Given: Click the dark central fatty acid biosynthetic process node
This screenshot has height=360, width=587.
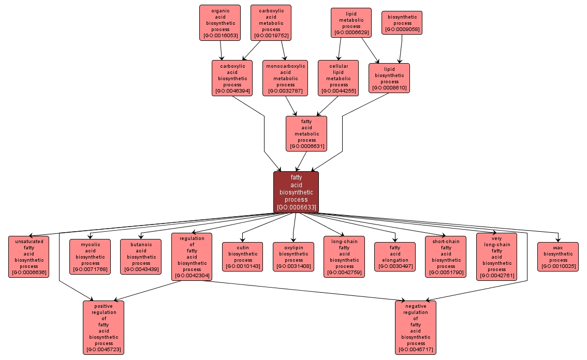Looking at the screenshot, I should click(296, 192).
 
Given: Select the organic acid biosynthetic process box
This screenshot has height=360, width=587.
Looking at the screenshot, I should click(220, 23).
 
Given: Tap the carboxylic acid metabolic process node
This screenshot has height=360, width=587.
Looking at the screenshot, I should click(271, 23).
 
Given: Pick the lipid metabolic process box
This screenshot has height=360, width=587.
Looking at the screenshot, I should click(351, 23).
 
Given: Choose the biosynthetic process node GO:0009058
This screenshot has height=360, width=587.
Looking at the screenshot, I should click(402, 23).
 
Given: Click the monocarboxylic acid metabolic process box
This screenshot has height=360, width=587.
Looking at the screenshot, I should click(285, 78).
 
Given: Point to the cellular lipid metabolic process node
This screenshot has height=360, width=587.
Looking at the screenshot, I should click(339, 78).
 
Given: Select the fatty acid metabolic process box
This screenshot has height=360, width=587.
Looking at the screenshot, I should click(306, 133).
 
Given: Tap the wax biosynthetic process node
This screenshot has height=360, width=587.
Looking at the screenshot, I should click(557, 257).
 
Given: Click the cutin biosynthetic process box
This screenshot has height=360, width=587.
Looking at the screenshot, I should click(243, 257).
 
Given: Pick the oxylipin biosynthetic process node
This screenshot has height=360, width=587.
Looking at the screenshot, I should click(293, 257).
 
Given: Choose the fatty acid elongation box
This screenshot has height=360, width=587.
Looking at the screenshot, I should click(395, 257).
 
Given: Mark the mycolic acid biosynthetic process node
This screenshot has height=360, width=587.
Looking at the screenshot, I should click(90, 257).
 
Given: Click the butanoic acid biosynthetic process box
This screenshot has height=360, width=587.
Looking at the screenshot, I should click(141, 257).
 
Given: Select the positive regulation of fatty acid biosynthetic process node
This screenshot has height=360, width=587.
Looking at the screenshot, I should click(104, 327).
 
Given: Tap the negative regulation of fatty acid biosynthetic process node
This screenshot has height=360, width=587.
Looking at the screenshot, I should click(416, 327).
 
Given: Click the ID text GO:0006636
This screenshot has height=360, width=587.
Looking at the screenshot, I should click(29, 273).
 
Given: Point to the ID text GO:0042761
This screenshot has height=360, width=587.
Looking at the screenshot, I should click(496, 276).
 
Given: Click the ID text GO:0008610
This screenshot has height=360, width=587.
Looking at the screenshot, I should click(389, 88).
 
